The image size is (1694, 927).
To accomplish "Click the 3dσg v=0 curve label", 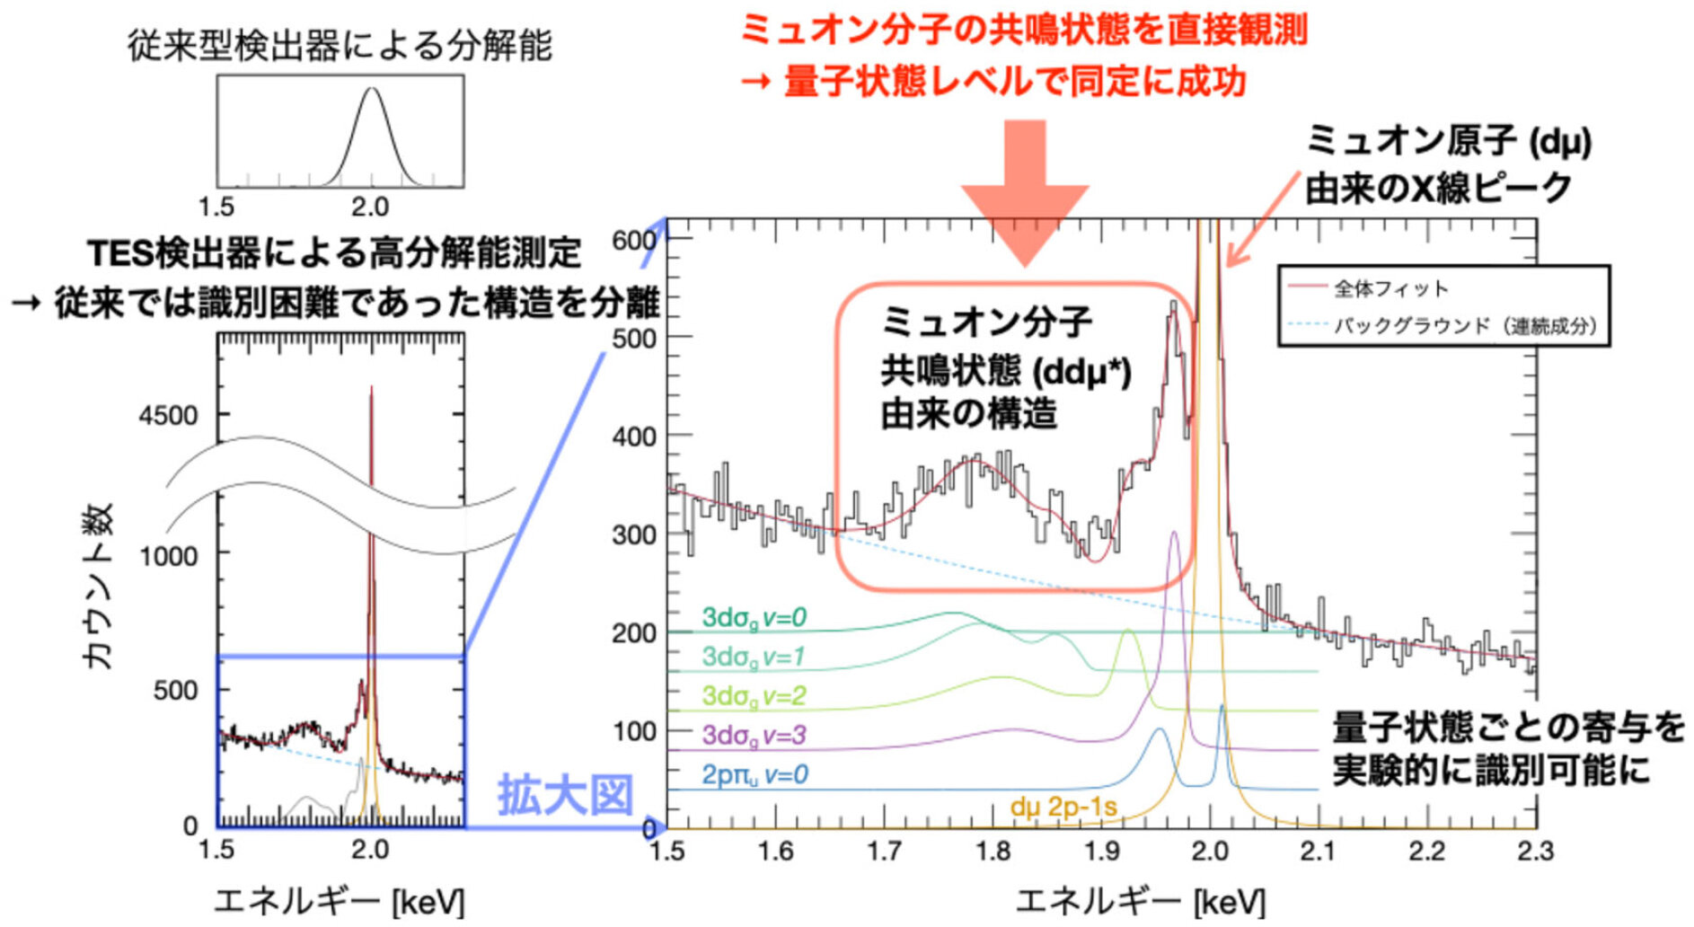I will pyautogui.click(x=754, y=618).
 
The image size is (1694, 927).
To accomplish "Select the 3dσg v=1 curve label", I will pyautogui.click(x=754, y=657).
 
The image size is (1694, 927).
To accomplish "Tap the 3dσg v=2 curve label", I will pyautogui.click(x=754, y=696).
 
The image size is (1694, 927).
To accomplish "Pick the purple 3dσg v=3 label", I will pyautogui.click(x=754, y=736).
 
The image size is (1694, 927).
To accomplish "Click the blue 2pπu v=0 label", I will pyautogui.click(x=754, y=775).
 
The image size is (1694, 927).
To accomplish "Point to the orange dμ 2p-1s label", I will pyautogui.click(x=1063, y=808).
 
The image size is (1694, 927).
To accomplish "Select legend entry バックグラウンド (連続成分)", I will pyautogui.click(x=1464, y=326).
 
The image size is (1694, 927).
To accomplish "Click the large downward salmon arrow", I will pyautogui.click(x=1025, y=193).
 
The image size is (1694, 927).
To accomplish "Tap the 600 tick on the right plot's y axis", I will pyautogui.click(x=633, y=241).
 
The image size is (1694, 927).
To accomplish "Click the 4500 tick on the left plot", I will pyautogui.click(x=167, y=417).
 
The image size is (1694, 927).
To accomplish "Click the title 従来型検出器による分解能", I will pyautogui.click(x=340, y=46).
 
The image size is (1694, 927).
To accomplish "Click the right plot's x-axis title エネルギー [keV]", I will pyautogui.click(x=1139, y=901).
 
